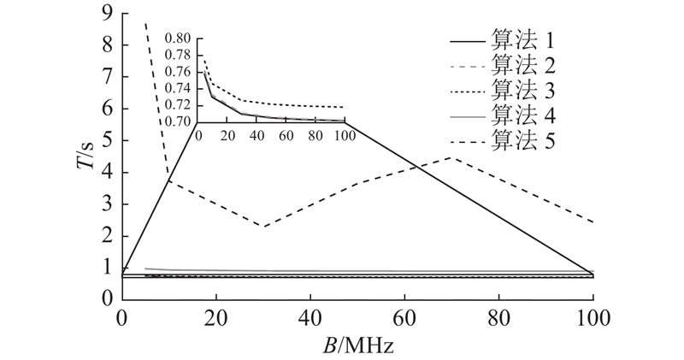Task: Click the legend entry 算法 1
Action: [523, 39]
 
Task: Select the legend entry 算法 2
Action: [523, 64]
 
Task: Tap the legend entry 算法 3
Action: [523, 89]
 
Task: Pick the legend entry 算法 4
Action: [523, 114]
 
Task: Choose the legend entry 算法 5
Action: [523, 139]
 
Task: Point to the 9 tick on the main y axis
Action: [106, 13]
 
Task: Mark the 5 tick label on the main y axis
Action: [106, 140]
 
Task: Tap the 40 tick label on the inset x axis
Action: [256, 136]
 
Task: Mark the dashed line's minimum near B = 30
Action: [263, 227]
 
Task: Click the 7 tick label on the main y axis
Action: [106, 77]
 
